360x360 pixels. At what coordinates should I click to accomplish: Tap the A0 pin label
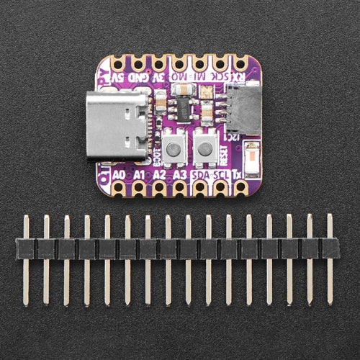pyautogui.click(x=120, y=174)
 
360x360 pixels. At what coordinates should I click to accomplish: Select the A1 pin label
pyautogui.click(x=140, y=174)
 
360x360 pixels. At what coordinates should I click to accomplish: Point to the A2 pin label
pyautogui.click(x=160, y=174)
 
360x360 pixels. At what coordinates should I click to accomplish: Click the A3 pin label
pyautogui.click(x=180, y=174)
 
